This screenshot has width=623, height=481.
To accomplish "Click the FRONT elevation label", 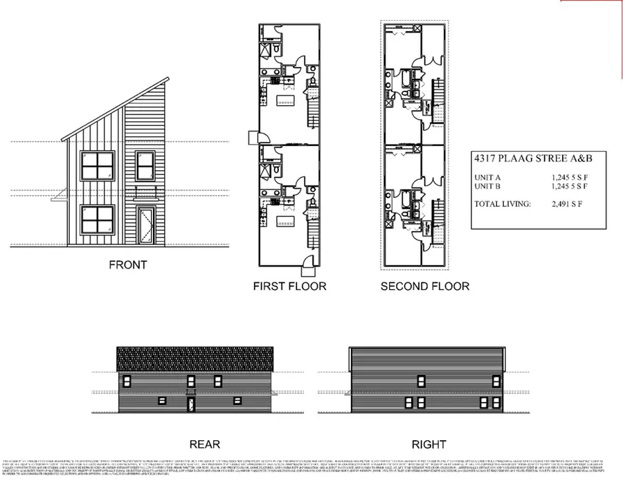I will (127, 264).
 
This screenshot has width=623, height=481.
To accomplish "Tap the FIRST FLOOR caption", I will (289, 286).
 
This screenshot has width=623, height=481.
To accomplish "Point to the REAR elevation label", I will (204, 444).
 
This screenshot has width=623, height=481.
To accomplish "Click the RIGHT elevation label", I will (429, 444).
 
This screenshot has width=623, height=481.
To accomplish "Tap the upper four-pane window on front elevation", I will (97, 166).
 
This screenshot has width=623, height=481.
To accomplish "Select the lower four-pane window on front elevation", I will (97, 219).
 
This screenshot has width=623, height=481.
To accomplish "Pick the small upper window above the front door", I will (145, 166).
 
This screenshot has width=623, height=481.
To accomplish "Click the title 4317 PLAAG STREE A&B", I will (533, 160).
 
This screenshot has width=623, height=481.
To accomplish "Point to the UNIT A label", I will (489, 177).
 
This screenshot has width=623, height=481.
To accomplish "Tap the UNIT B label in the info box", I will (489, 186).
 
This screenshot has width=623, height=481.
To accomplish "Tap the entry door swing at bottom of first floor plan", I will (306, 262).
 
